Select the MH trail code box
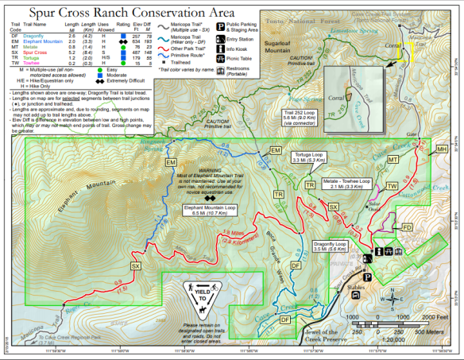[x=442, y=149]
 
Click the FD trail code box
[x=406, y=206]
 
